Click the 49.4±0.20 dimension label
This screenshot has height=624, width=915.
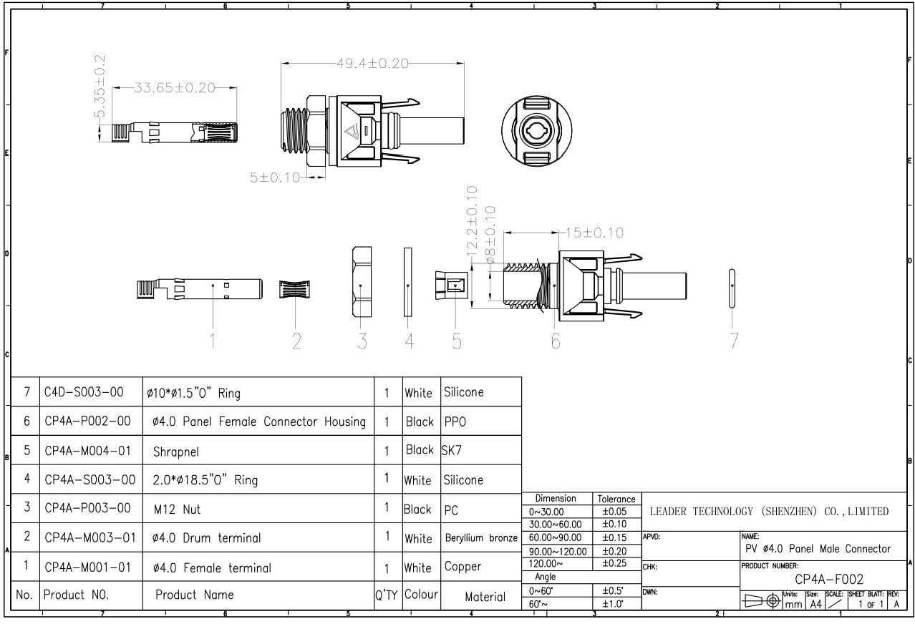(372, 64)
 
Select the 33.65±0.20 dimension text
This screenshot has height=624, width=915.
(175, 88)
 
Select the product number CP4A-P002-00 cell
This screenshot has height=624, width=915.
(86, 422)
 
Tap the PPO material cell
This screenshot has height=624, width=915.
(455, 422)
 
